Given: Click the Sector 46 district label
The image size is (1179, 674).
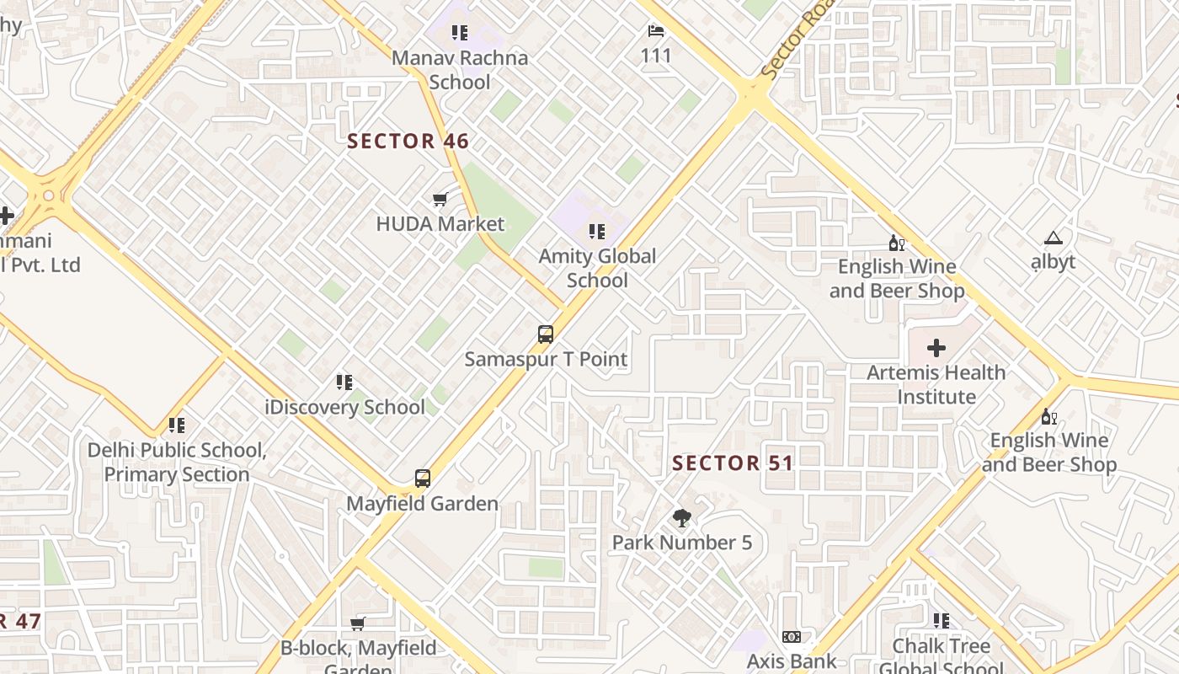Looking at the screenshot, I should point(408,141).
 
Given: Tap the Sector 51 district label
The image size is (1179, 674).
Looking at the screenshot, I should point(733,463).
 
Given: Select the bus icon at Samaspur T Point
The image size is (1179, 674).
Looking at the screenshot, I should point(546,334).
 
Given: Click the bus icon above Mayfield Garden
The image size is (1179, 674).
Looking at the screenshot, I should point(423,479).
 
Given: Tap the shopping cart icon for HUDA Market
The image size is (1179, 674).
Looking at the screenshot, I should point(440,200).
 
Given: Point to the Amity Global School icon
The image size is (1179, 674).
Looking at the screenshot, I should point(597,232).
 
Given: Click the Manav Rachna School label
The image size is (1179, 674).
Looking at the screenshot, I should point(460,70).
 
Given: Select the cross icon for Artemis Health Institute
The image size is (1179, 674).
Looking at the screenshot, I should point(936,348).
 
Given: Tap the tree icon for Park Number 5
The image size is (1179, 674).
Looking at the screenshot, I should point(682,518).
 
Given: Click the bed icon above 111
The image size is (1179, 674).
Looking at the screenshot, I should point(656,32).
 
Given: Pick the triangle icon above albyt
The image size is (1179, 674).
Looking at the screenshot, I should point(1053,238).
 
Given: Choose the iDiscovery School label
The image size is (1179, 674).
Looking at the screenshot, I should point(344,407).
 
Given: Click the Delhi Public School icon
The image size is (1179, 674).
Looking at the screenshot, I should point(176,425).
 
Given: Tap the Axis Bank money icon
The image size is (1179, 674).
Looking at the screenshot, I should point(791,637).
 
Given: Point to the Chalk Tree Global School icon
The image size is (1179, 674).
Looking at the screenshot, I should point(941,621).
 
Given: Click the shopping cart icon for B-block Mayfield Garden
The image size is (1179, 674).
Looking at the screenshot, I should point(358,623).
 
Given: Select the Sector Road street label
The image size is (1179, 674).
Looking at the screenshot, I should point(795,42).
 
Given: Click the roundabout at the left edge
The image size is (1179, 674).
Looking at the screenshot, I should point(49,196).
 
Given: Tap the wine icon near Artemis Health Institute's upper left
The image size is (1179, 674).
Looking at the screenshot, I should point(897,243).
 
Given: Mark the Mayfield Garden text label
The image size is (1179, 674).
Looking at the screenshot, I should point(423,504).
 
